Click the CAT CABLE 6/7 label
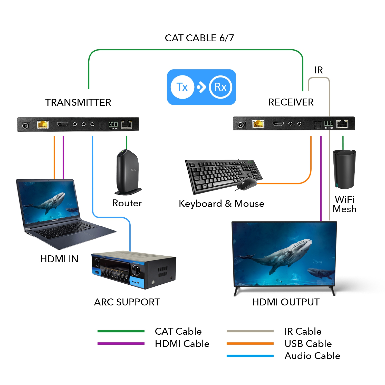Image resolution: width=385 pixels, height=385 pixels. point(199,38)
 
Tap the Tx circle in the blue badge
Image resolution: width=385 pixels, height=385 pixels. point(182,87)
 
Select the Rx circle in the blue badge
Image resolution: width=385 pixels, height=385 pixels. point(220,87)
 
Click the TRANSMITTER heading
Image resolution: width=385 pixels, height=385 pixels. point(78,102)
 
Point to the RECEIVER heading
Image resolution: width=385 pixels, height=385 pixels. point(291,102)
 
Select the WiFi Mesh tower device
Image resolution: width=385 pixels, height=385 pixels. point(344,169)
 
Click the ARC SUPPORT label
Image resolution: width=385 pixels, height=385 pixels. point(127,302)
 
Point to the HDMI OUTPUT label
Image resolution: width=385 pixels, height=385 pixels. point(286,302)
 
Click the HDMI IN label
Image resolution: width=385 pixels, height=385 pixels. point(59,259)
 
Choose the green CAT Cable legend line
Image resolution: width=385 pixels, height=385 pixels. point(121,331)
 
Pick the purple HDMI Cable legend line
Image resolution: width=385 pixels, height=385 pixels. point(121,343)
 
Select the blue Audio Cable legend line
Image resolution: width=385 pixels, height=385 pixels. point(250,356)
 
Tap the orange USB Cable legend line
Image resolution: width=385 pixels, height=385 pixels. point(250,343)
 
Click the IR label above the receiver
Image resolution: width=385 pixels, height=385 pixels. point(318,70)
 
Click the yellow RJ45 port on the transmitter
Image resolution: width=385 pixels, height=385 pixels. point(43,124)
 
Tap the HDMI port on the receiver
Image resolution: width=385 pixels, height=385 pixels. point(278,124)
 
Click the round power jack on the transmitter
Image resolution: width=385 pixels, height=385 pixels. point(25,126)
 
